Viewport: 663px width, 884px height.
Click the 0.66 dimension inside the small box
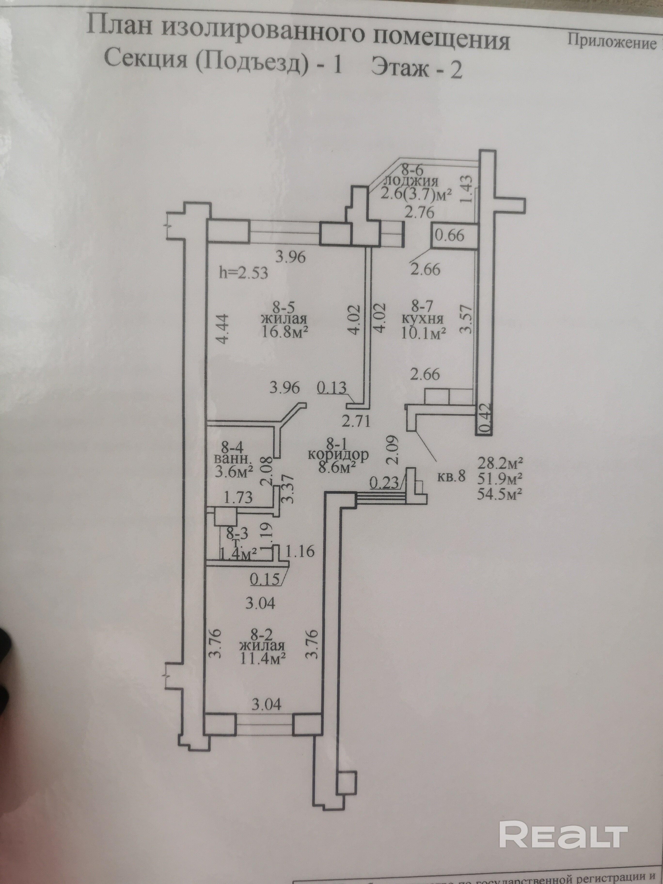coord(450,235)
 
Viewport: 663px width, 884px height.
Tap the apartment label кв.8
coord(451,476)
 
